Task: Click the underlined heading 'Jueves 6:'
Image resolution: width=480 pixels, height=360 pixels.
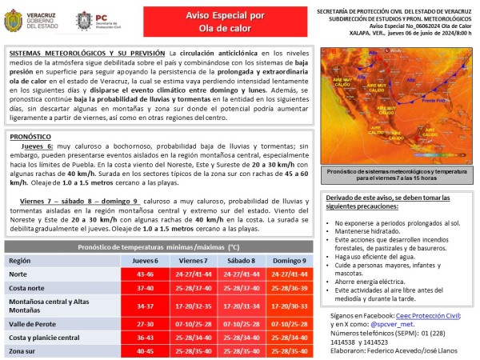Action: [38, 148]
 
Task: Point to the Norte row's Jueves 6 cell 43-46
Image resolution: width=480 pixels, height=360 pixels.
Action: [146, 274]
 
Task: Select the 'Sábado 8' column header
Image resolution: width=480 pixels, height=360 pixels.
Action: [240, 261]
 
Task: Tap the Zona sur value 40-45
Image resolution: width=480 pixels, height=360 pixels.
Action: [146, 350]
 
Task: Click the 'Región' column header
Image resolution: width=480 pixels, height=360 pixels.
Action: [19, 261]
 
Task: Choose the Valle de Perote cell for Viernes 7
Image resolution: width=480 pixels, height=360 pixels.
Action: [194, 323]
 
